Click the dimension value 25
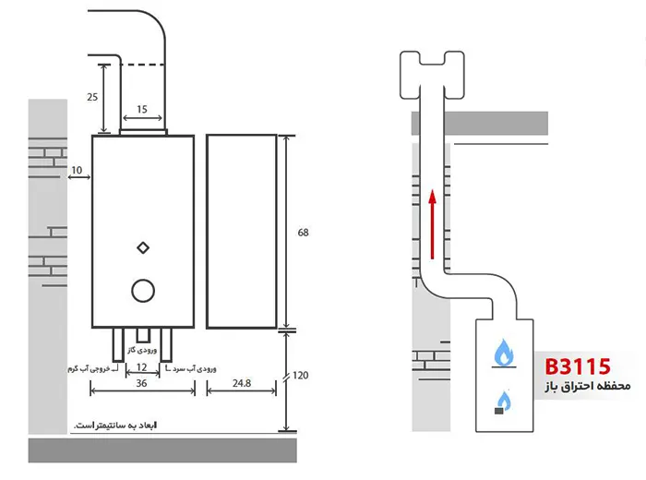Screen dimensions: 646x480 coord(92,97)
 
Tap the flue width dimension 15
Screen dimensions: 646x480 coord(142,109)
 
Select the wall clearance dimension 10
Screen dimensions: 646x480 coord(77,170)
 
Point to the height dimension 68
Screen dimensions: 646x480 coord(304,233)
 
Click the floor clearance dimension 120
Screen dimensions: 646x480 coord(301,376)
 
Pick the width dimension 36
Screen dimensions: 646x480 coord(141,383)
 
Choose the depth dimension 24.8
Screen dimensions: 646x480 coord(242,383)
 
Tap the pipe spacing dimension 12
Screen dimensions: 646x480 coord(141,367)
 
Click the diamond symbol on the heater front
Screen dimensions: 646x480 coord(143,248)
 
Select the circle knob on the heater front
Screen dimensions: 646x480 coord(143,291)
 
